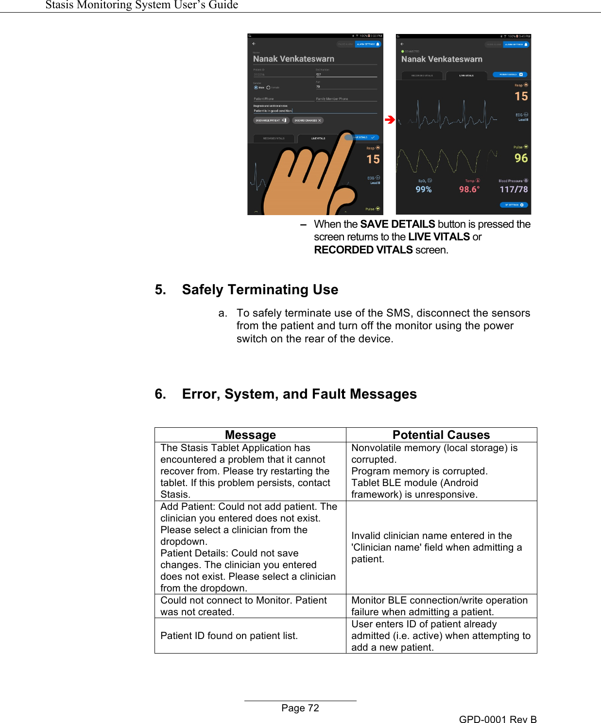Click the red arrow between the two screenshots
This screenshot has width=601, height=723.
[390, 119]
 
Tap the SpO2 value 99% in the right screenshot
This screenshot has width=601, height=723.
[424, 189]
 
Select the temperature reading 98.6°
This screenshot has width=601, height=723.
[469, 189]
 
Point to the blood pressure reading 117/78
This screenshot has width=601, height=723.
[514, 189]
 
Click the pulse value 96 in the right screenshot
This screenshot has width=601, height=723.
[521, 158]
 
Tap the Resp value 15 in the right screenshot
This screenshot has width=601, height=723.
[521, 97]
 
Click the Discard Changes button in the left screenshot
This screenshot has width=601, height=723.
[308, 120]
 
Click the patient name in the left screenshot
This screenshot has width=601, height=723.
[293, 59]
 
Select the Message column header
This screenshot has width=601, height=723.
[250, 435]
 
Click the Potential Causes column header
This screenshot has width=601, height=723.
[441, 435]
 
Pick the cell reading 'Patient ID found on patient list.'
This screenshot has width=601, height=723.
[229, 636]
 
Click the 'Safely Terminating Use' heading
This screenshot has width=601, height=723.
[260, 289]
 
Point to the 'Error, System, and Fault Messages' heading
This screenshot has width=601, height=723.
[299, 394]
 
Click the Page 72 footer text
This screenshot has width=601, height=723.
[300, 708]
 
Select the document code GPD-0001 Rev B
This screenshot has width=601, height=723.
[498, 719]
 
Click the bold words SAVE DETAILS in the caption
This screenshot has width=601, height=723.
[397, 224]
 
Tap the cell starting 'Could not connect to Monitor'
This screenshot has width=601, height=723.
[243, 606]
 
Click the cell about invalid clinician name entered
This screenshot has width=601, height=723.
[436, 547]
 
